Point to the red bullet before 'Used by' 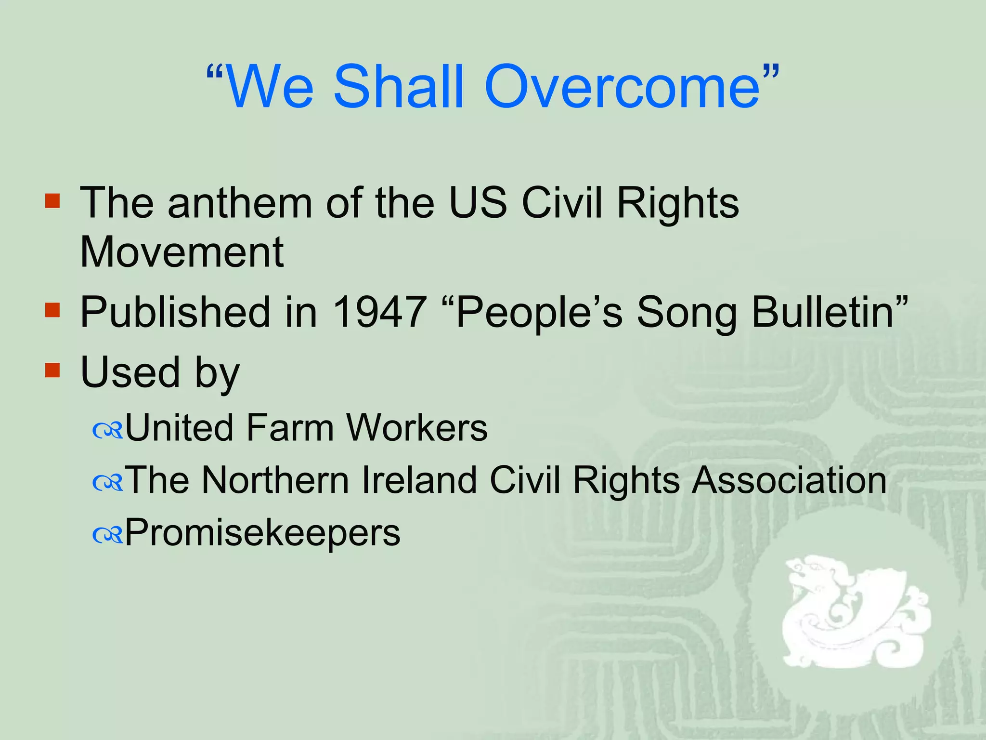52,370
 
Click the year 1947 379,312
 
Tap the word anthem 240,203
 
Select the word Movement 182,252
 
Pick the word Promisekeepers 263,533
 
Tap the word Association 789,480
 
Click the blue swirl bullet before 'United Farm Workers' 108,431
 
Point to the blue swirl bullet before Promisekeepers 108,535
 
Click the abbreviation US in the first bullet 478,203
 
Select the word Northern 275,480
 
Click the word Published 175,312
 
